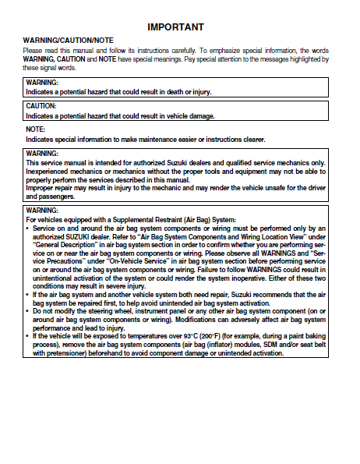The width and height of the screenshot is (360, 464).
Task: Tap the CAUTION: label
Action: coord(41,105)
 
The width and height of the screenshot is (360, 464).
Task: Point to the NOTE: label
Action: coord(35,129)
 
